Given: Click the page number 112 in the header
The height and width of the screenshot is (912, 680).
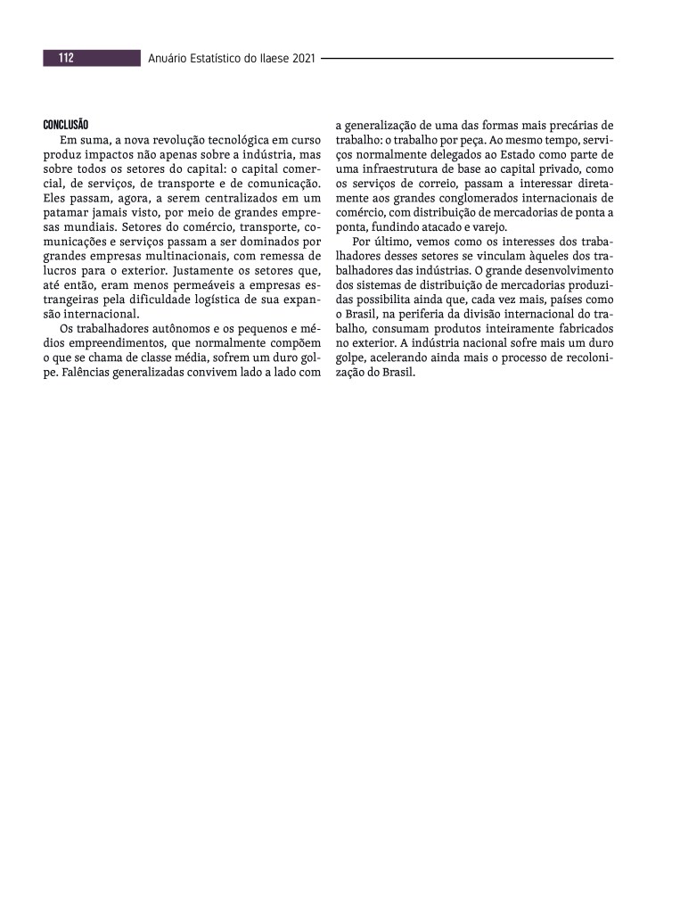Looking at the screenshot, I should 66,59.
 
